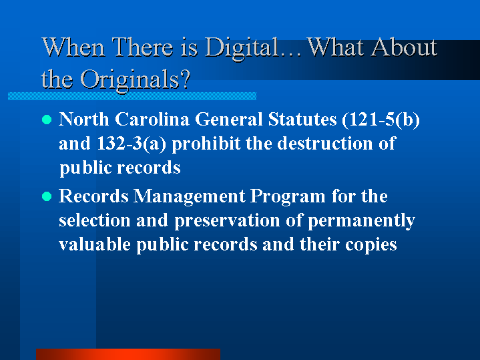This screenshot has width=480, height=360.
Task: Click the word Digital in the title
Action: (242, 48)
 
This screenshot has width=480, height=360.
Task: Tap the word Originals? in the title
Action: (136, 80)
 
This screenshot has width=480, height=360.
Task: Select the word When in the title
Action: (73, 47)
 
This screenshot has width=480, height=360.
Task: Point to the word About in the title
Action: (404, 47)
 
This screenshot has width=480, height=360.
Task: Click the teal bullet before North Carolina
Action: (47, 120)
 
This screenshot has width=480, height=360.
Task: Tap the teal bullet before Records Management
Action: (47, 196)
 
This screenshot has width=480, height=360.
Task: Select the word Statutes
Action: (302, 119)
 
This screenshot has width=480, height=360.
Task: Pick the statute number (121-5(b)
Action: (381, 120)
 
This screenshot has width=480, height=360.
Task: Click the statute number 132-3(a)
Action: (132, 144)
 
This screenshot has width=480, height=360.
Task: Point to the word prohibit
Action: (206, 144)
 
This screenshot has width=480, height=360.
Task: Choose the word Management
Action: (189, 196)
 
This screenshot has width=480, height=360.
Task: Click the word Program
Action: (288, 196)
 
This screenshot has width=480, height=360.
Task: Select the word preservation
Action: (227, 220)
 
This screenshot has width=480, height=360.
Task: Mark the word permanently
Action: (361, 220)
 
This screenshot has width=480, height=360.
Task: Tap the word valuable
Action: (95, 244)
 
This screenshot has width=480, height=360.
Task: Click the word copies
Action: (371, 245)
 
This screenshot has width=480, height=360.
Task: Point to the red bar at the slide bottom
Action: (128, 354)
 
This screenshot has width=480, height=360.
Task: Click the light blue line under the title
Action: (132, 96)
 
